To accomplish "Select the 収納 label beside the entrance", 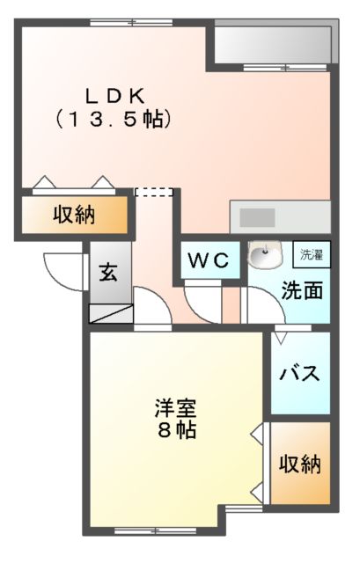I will pyautogui.click(x=74, y=214).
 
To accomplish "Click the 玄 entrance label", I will pyautogui.click(x=107, y=272).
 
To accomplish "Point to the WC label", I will pyautogui.click(x=209, y=260).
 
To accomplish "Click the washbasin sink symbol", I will pyautogui.click(x=263, y=257).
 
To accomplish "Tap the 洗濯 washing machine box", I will pyautogui.click(x=312, y=255).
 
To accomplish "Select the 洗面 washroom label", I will pyautogui.click(x=299, y=290).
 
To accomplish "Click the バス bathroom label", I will pyautogui.click(x=300, y=373).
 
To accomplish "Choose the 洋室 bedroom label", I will pyautogui.click(x=175, y=409).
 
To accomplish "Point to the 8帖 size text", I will pyautogui.click(x=176, y=431).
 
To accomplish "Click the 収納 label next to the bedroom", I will pyautogui.click(x=300, y=464).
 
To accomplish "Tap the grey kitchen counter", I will pyautogui.click(x=280, y=216).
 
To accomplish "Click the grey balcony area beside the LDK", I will pyautogui.click(x=273, y=43).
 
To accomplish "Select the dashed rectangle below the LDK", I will pyautogui.click(x=153, y=193).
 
